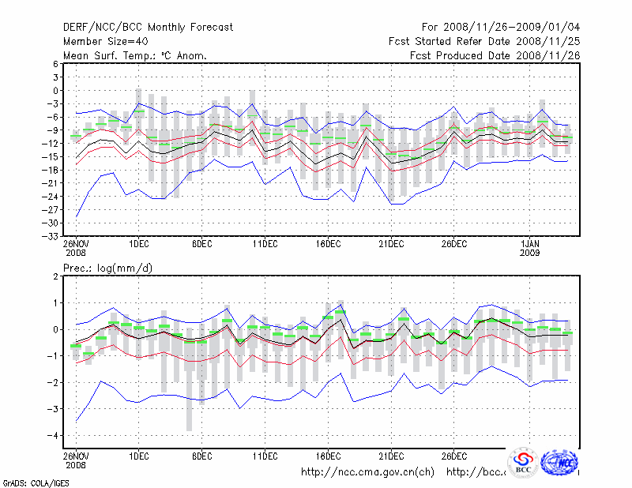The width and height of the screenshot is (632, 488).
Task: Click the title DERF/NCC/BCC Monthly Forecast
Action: click(x=148, y=28)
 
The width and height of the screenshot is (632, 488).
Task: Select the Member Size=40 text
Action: click(x=105, y=42)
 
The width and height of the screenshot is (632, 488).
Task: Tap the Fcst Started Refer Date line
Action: click(x=483, y=42)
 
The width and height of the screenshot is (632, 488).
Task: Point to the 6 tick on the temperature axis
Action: click(x=56, y=64)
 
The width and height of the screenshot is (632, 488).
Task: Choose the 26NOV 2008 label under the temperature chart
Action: click(x=77, y=248)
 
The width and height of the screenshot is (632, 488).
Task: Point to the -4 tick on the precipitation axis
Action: click(x=55, y=435)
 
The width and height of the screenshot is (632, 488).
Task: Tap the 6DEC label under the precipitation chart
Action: click(x=202, y=456)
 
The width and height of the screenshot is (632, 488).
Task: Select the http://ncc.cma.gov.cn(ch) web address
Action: click(x=368, y=472)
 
